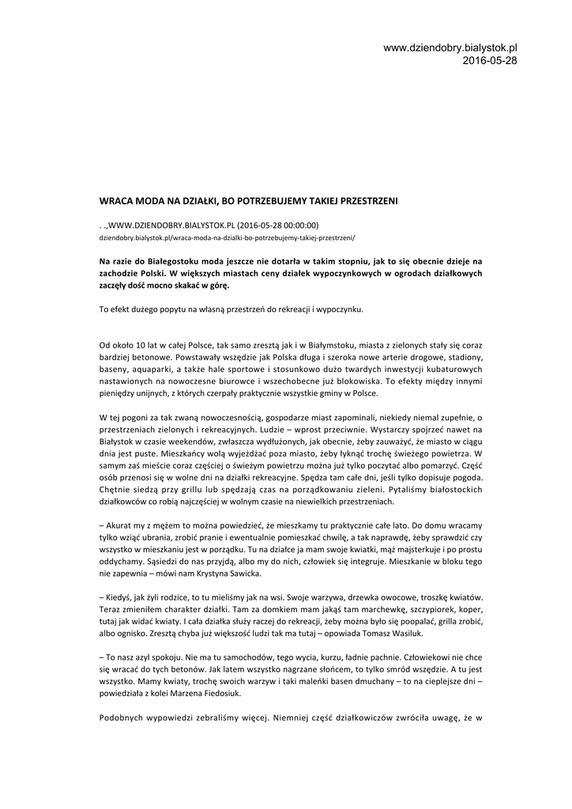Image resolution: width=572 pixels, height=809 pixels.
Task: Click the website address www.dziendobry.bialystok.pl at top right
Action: (450, 48)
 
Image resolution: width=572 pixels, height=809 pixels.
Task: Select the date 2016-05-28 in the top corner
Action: (489, 60)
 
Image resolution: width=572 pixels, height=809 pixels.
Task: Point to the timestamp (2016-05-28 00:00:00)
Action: (273, 224)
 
